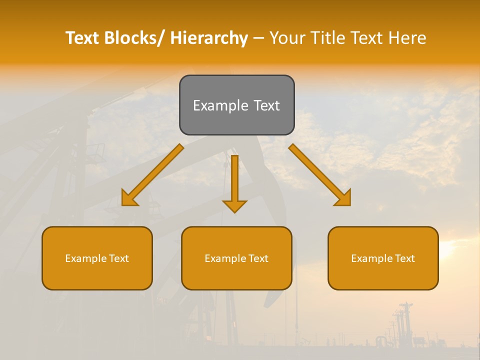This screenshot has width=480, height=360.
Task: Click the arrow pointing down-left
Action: (152, 175)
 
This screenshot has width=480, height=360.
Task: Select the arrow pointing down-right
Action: (320, 175)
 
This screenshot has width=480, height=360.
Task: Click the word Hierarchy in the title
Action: (209, 38)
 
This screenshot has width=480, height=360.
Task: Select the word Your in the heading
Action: (288, 38)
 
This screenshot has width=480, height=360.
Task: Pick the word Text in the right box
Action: (404, 258)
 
